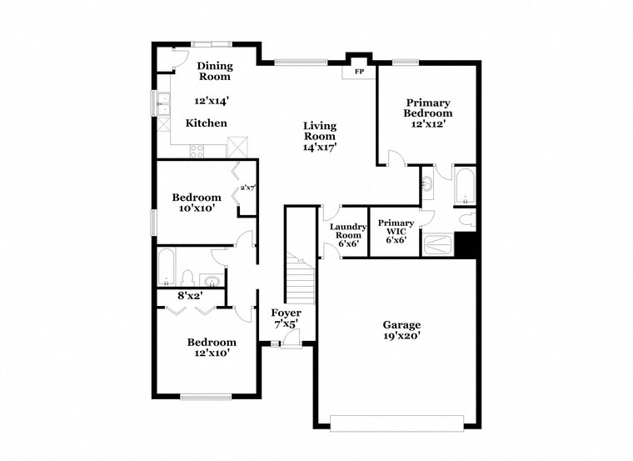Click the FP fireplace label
coord(359,73)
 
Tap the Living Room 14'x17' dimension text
coord(319,147)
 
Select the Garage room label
coord(401,325)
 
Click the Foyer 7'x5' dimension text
coord(287,323)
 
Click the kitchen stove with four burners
coord(197,150)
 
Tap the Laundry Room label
coord(348,232)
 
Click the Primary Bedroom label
coord(427,108)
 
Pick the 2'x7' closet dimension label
coord(247,188)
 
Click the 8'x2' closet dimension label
coord(189,295)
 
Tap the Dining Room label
coord(214,71)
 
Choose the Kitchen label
coord(206,123)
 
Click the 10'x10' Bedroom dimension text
coord(197,208)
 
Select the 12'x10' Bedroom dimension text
coord(211,353)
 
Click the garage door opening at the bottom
coord(397,423)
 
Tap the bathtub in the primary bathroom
coord(463,185)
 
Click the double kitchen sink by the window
coord(162,104)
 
